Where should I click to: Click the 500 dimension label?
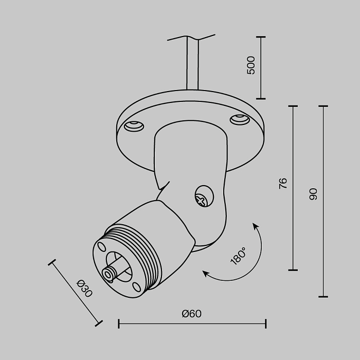(x=251, y=65)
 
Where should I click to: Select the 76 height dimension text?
(x=283, y=184)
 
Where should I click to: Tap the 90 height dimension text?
(x=313, y=194)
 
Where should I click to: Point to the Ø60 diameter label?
(x=191, y=314)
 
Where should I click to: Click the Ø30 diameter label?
(x=84, y=289)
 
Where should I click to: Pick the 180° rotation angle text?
(x=238, y=256)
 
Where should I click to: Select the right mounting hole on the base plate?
(x=239, y=120)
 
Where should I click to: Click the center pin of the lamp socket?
(x=109, y=274)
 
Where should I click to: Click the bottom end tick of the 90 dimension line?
(x=323, y=297)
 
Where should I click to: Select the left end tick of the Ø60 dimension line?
(x=119, y=323)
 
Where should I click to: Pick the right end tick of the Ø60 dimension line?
(x=265, y=323)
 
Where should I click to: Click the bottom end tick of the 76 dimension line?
(x=293, y=269)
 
